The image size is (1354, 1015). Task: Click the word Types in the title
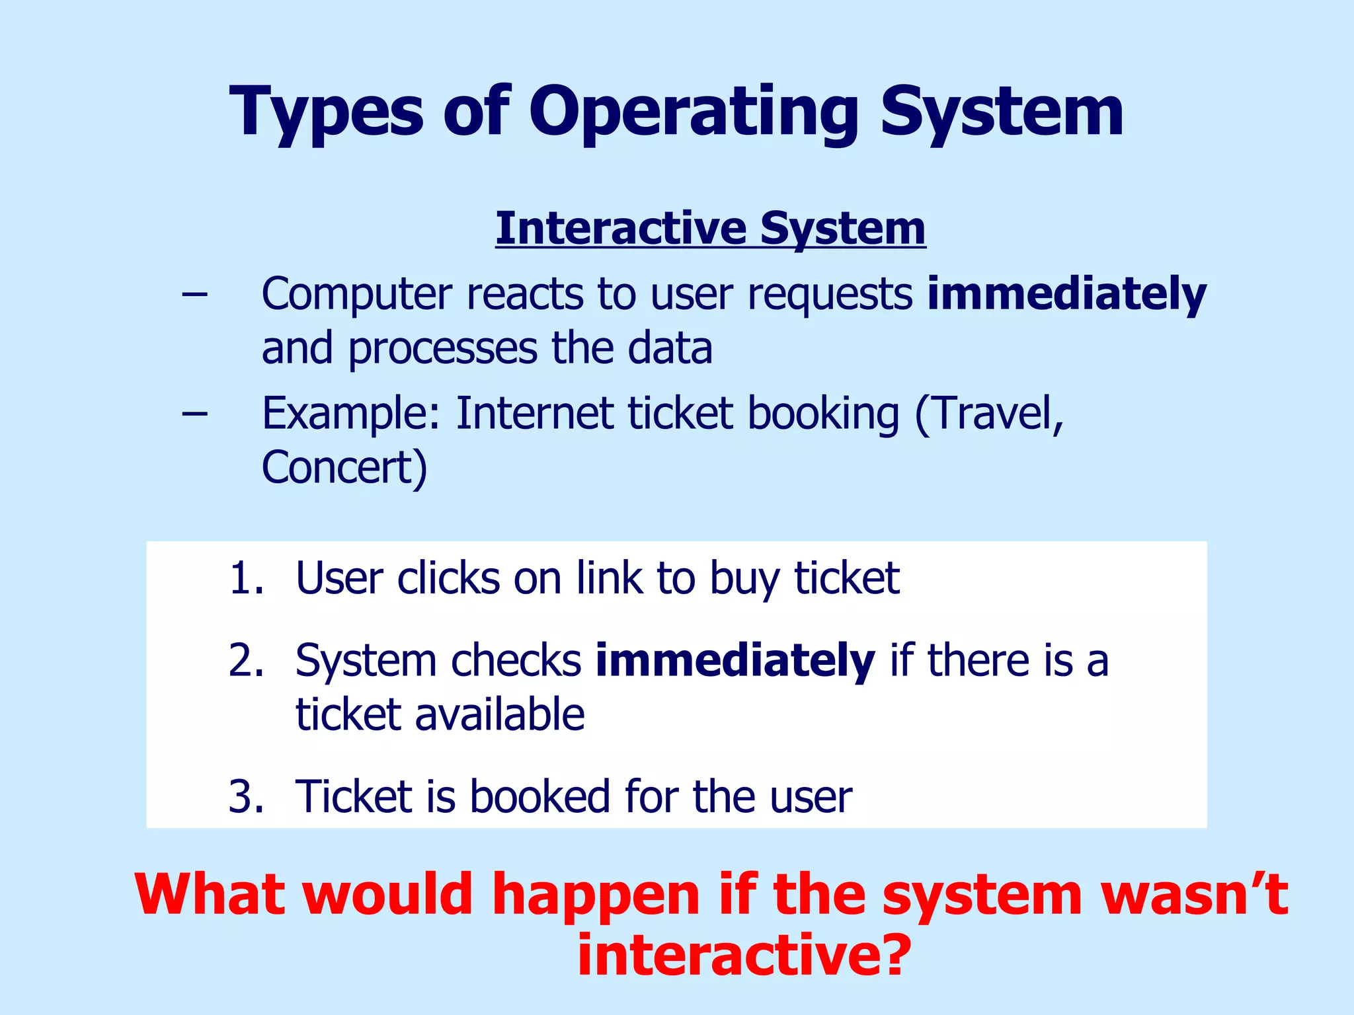point(326,112)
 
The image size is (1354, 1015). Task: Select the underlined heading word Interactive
point(621,228)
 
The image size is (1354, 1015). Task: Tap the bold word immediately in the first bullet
point(1066,294)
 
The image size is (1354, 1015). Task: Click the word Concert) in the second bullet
point(344,468)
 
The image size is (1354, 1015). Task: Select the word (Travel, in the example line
point(989,414)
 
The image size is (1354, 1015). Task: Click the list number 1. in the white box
point(247,578)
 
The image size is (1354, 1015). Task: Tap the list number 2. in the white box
point(247,660)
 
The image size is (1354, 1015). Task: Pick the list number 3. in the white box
point(247,796)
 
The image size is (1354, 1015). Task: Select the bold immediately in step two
point(735,660)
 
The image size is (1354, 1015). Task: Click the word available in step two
point(499,715)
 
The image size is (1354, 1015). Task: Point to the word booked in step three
point(539,796)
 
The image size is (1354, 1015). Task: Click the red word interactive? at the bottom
point(744,956)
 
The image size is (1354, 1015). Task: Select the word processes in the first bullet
point(442,348)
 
